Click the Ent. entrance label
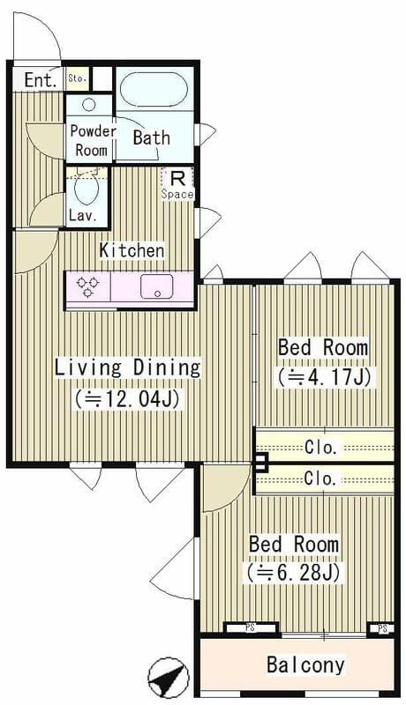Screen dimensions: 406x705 click(x=41, y=80)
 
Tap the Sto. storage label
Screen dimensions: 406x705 click(x=77, y=78)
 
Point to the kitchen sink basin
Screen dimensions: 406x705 click(x=156, y=286)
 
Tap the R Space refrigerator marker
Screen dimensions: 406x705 click(x=177, y=184)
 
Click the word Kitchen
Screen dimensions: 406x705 click(x=132, y=250)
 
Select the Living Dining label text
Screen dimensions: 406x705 click(x=127, y=368)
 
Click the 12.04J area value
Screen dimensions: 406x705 click(x=128, y=398)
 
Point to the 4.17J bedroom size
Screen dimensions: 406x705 click(x=324, y=377)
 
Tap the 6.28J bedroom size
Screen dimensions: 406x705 click(x=292, y=572)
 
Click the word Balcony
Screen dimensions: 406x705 click(x=305, y=664)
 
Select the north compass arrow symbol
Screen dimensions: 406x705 click(x=169, y=677)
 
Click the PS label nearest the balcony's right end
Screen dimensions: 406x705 click(x=382, y=629)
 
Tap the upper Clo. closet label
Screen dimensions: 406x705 click(x=321, y=448)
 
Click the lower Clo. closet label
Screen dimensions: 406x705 click(x=320, y=479)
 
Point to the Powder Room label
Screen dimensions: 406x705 click(x=93, y=140)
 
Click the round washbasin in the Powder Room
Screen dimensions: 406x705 click(x=88, y=105)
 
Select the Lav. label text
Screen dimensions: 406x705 click(x=83, y=216)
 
